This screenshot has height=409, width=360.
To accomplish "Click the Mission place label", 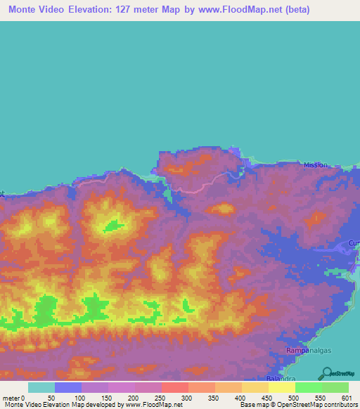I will coord(316,165).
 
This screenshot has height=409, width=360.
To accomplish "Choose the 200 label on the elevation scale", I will coord(134,398).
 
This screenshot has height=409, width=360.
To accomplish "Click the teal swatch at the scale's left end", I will coord(41,387).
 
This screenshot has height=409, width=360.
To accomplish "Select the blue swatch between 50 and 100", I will coord(67,387).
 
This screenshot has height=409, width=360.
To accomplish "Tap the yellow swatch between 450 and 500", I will coord(281,387).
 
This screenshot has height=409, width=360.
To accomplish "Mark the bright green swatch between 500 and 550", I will coord(308,387).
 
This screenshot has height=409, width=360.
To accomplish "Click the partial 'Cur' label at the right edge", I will coord(354,243).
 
